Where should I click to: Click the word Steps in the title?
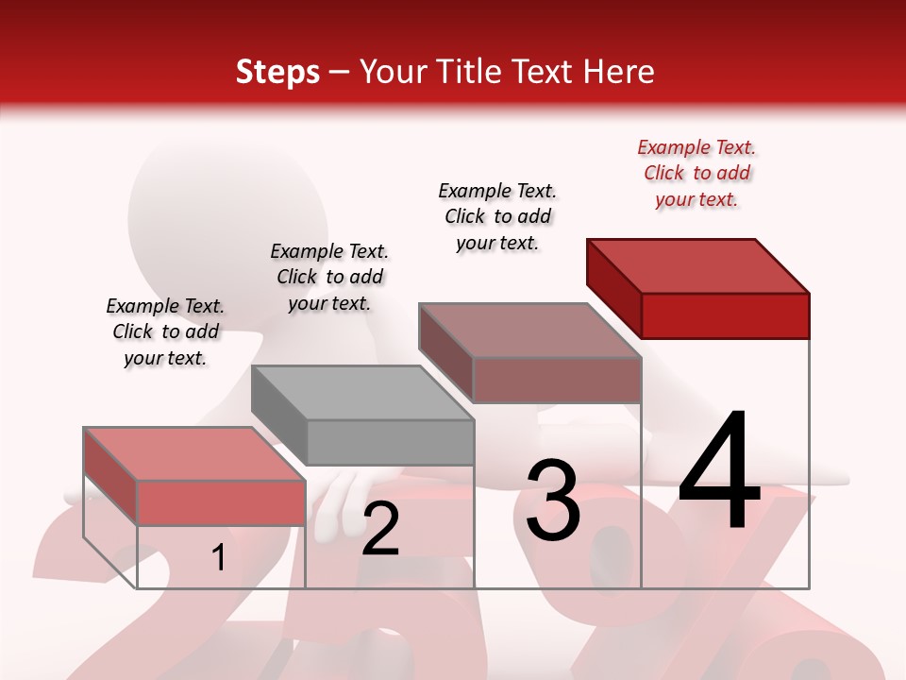pos(277,72)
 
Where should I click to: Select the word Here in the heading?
pos(618,72)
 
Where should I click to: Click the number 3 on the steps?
pos(553,501)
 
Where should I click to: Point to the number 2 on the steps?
pos(380,529)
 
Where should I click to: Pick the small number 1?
pos(219,558)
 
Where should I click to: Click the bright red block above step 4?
pos(698,288)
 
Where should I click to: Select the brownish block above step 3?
pos(530,352)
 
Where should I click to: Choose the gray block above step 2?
pos(362,416)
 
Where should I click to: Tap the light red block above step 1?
pos(194,477)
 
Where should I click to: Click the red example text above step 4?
pos(696,173)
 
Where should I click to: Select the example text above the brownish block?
pos(497,216)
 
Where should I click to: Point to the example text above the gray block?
pos(329,277)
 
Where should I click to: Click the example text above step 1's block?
pos(165,331)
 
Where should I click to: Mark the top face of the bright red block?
pos(698,265)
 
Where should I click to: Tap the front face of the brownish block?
pos(557,381)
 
